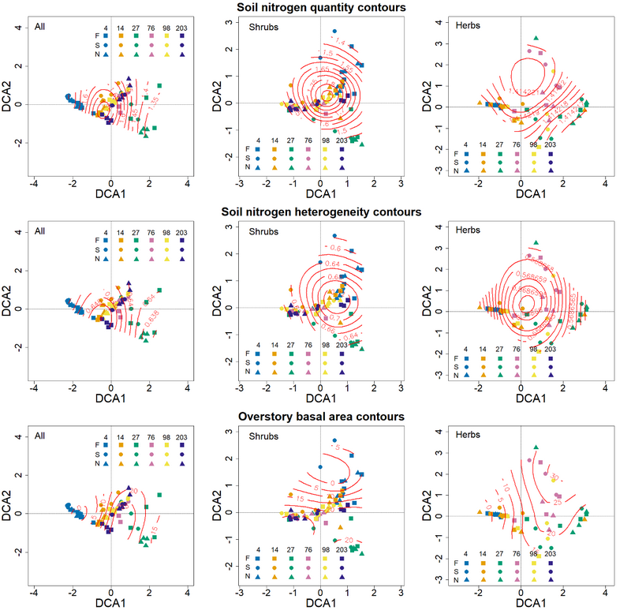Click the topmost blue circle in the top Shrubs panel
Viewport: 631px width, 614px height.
[334, 32]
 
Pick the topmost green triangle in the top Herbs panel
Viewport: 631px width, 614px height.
[536, 38]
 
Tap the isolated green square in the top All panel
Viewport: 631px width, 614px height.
[160, 85]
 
